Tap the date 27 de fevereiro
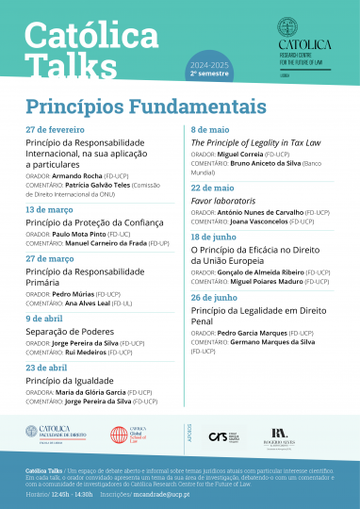pos(56,128)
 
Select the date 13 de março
pos(50,209)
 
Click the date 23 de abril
pos(47,367)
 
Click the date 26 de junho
pos(217,297)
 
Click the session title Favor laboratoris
pos(225,203)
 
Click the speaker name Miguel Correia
pos(240,155)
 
